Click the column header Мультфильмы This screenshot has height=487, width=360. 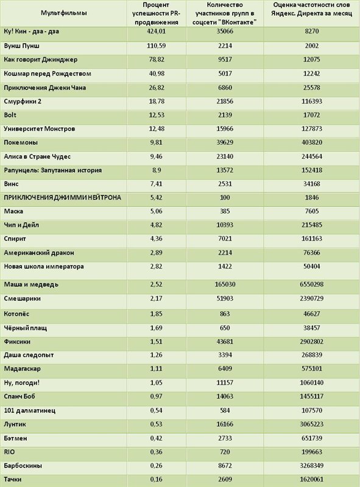point(64,13)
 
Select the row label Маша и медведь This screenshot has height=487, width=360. point(31,284)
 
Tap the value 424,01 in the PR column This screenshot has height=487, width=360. point(157,31)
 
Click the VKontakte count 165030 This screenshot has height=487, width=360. point(225,284)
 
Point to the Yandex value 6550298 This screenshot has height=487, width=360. point(312,284)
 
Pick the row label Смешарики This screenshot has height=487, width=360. point(23,298)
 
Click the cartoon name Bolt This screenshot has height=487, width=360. point(10,115)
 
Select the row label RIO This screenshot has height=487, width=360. point(9,452)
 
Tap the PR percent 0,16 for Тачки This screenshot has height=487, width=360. point(156,479)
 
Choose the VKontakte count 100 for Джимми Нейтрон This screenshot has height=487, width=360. point(225,197)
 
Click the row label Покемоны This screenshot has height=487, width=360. point(21,142)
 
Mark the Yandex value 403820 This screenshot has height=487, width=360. point(312,142)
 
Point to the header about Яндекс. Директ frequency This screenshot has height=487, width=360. point(311,9)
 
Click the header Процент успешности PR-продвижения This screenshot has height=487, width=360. point(157,13)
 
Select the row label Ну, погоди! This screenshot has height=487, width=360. point(22,383)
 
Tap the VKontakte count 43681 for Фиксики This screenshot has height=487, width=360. point(225,342)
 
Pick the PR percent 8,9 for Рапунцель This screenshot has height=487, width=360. point(156,170)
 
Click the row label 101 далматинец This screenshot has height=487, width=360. point(30,410)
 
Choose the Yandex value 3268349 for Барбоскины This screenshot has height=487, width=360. point(312,466)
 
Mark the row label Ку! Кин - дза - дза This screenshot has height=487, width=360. point(32,32)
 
